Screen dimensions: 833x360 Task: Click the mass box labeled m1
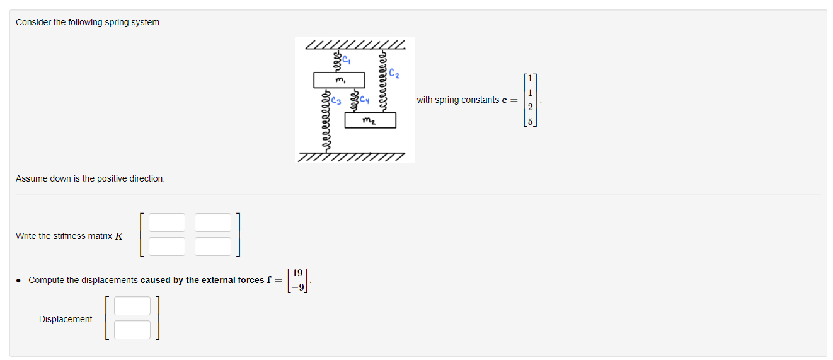(339, 80)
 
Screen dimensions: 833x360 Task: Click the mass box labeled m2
(371, 120)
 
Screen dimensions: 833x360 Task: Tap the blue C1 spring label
(346, 59)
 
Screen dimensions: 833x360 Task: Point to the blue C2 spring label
(394, 73)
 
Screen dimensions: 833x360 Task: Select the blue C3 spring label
(336, 100)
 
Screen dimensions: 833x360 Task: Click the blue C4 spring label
(364, 99)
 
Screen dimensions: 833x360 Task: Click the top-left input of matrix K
(167, 223)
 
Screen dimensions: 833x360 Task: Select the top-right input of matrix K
(213, 223)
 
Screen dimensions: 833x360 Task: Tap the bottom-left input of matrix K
(167, 247)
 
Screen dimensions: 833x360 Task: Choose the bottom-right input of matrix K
(213, 247)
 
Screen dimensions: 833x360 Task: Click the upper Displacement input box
(132, 306)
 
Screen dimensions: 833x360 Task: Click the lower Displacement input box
(132, 330)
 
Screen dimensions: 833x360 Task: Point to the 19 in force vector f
(297, 273)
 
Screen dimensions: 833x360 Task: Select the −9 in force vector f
(298, 287)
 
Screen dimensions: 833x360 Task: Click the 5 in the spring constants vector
(531, 122)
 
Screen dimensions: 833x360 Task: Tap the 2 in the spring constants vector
(531, 107)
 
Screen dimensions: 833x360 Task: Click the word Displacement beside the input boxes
(66, 319)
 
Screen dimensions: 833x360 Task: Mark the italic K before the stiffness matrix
(119, 236)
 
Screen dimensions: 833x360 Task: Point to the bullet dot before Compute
(19, 281)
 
